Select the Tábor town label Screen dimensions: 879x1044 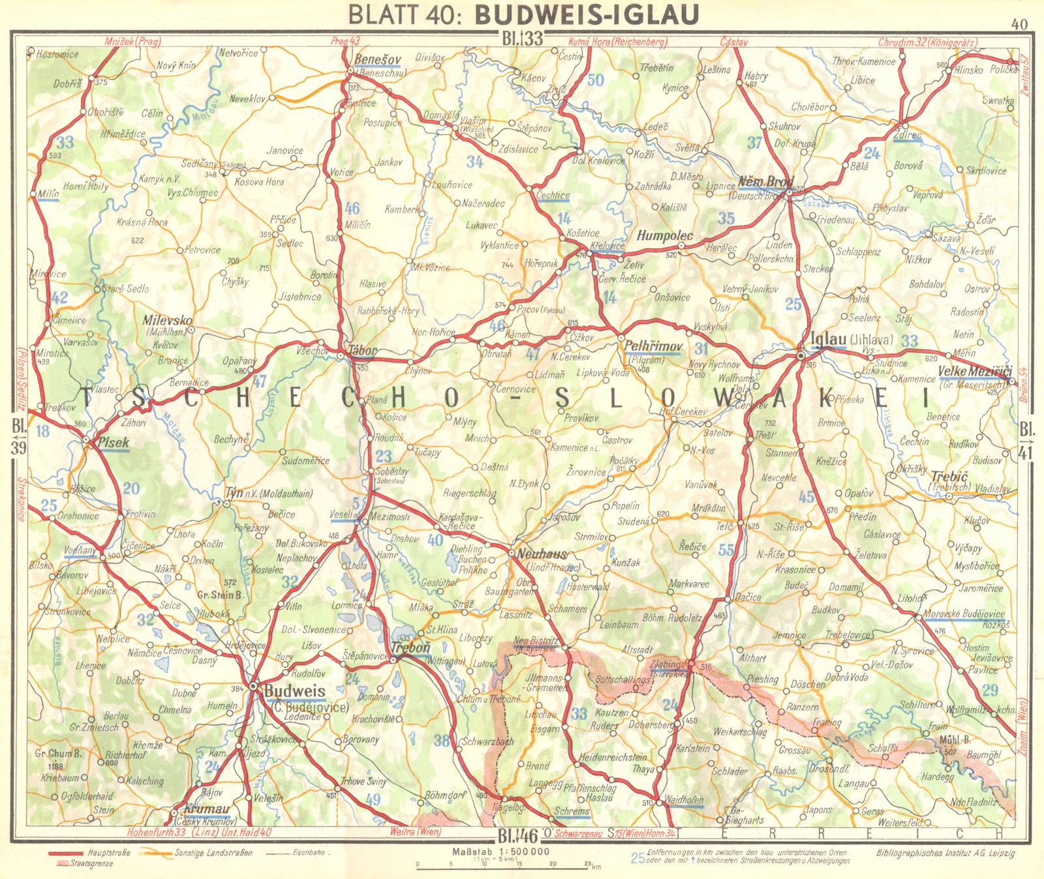tap(363, 350)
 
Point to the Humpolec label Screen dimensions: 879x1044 tap(665, 235)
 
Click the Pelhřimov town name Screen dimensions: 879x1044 tap(653, 346)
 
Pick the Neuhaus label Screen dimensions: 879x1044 tap(542, 554)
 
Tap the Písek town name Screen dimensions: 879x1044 tap(113, 443)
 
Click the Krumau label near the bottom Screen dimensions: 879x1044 tap(207, 809)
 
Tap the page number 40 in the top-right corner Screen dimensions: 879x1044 tap(1019, 25)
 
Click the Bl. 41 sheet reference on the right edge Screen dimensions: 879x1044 tap(1026, 439)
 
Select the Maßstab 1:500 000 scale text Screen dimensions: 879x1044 tap(500, 852)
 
